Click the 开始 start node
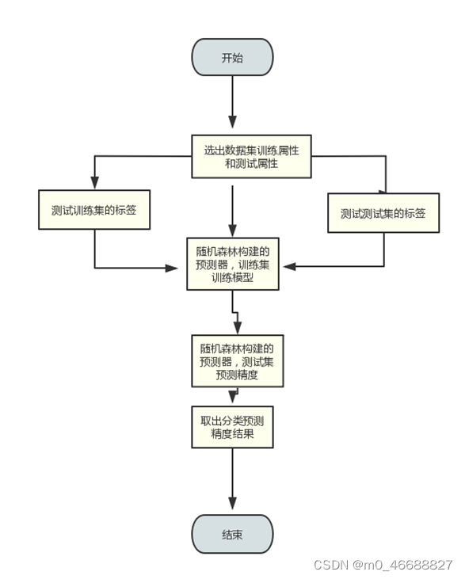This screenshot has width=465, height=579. click(x=232, y=58)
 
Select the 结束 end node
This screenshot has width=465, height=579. click(x=232, y=535)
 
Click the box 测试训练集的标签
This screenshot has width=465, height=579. click(x=94, y=210)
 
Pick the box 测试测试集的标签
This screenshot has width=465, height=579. click(x=383, y=213)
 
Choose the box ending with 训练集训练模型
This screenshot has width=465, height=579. click(x=232, y=265)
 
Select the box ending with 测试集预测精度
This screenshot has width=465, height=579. click(x=236, y=361)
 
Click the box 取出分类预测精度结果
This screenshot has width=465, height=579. click(x=233, y=427)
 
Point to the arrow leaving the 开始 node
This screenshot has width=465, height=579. click(x=232, y=103)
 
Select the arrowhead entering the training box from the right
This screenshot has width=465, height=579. click(x=291, y=266)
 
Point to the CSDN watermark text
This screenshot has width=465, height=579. click(x=332, y=565)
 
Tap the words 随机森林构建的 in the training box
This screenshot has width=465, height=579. click(x=232, y=251)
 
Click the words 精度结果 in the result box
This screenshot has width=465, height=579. click(x=233, y=434)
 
